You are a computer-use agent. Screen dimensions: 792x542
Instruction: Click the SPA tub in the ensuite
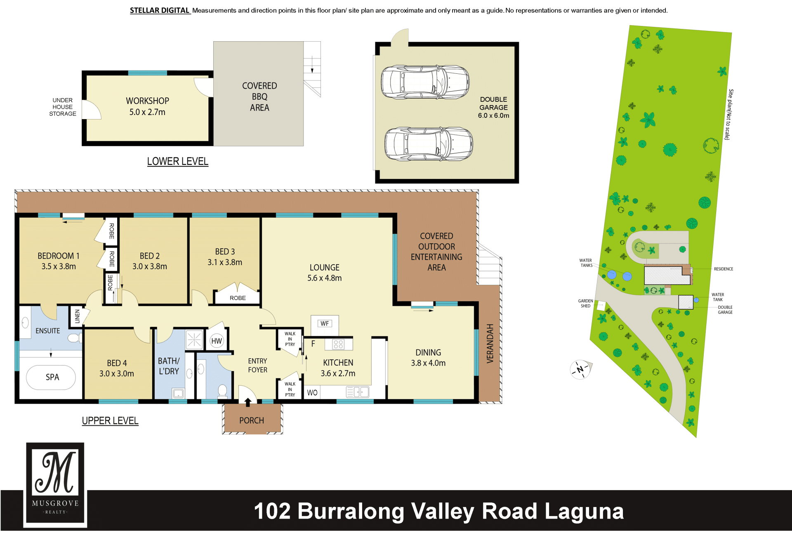pos(51,377)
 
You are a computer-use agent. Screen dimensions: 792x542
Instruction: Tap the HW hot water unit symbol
pos(217,341)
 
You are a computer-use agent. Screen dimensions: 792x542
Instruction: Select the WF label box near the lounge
pos(325,324)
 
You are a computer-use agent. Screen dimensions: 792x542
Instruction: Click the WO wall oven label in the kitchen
pos(312,392)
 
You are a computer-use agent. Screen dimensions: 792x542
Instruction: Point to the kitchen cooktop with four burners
pos(338,344)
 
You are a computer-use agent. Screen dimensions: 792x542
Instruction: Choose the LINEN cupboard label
pos(77,316)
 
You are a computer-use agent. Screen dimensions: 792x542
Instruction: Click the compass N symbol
pos(580,369)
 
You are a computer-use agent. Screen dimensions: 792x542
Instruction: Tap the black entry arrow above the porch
pos(248,402)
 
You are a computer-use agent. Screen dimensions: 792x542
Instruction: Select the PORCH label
pos(252,420)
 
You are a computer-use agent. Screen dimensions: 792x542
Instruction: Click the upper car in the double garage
pos(425,82)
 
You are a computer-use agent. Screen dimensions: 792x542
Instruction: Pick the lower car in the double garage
pos(429,144)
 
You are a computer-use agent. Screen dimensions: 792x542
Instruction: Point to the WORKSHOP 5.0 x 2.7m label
pos(147,106)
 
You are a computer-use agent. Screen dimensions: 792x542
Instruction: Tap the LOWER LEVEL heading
pos(178,161)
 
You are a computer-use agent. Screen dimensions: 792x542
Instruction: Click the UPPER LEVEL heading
pos(110,420)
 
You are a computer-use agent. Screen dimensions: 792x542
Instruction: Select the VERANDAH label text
pos(490,343)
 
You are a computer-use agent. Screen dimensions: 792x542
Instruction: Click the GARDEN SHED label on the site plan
pos(585,303)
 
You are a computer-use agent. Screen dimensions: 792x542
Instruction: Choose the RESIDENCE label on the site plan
pos(724,269)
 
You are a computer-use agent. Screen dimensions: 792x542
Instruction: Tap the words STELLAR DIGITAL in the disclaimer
pos(160,10)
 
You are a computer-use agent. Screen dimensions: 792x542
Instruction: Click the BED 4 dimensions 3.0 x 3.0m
pos(117,374)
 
